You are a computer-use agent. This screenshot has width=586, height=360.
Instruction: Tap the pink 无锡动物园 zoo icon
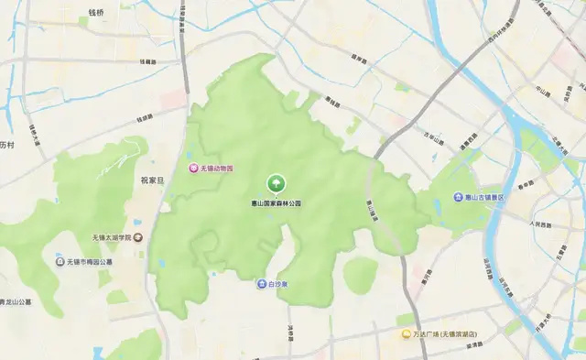pyautogui.click(x=194, y=169)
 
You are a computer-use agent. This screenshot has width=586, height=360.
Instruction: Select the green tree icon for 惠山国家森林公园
pyautogui.click(x=275, y=183)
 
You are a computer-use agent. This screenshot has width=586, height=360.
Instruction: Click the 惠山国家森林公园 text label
pyautogui.click(x=276, y=202)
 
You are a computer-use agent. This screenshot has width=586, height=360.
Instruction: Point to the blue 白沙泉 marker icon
pyautogui.click(x=261, y=284)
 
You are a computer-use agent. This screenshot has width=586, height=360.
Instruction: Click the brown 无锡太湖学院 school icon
pyautogui.click(x=137, y=237)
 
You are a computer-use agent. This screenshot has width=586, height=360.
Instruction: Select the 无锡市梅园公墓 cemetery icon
pyautogui.click(x=61, y=261)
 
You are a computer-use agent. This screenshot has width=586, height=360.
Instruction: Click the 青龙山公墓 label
pyautogui.click(x=14, y=301)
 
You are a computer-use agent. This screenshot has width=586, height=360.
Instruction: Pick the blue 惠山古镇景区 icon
pyautogui.click(x=458, y=197)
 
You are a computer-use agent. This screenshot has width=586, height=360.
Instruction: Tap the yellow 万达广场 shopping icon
pyautogui.click(x=405, y=334)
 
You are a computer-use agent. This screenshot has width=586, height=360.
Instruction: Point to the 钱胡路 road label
pyautogui.click(x=148, y=61)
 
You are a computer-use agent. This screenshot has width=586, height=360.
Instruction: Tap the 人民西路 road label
pyautogui.click(x=541, y=224)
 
